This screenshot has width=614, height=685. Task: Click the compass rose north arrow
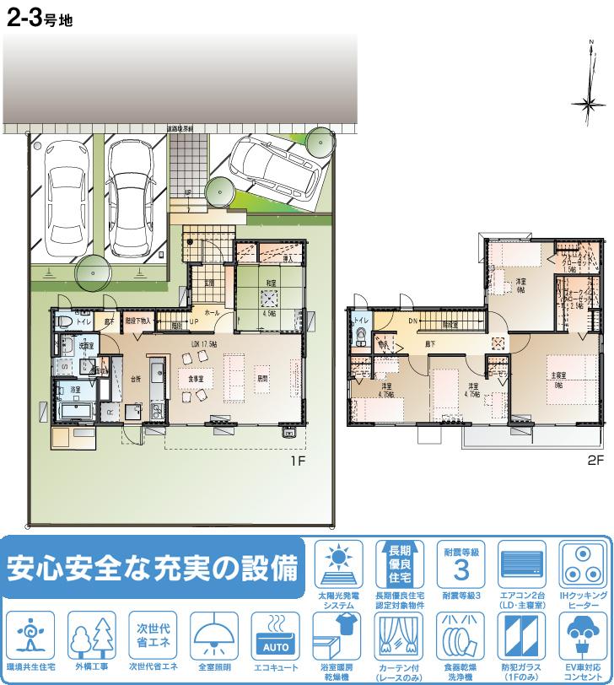[588, 104]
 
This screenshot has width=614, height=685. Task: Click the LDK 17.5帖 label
[204, 344]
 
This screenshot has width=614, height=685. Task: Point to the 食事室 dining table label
[197, 379]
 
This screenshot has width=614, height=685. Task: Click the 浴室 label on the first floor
[76, 390]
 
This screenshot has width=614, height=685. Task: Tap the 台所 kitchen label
[136, 380]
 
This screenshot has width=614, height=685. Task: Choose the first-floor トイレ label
[83, 321]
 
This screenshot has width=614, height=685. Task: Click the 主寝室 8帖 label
[557, 380]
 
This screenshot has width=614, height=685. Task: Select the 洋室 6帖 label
[520, 284]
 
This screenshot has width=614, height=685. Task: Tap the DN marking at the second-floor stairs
[414, 321]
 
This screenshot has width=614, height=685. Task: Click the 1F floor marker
[297, 461]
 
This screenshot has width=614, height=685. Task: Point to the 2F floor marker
[596, 461]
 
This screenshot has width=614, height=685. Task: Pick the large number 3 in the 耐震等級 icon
[460, 569]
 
